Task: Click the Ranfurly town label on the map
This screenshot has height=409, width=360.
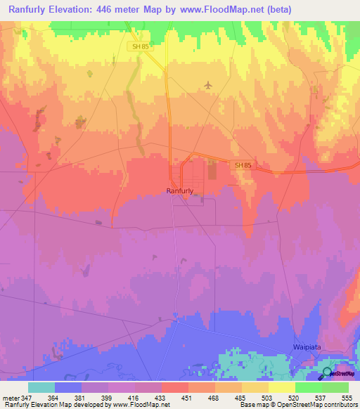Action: pyautogui.click(x=180, y=190)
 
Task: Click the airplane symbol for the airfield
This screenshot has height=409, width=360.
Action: pyautogui.click(x=207, y=85)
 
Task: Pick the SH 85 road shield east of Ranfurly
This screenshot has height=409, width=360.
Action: pyautogui.click(x=243, y=164)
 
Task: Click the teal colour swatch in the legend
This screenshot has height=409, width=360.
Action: pyautogui.click(x=41, y=387)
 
